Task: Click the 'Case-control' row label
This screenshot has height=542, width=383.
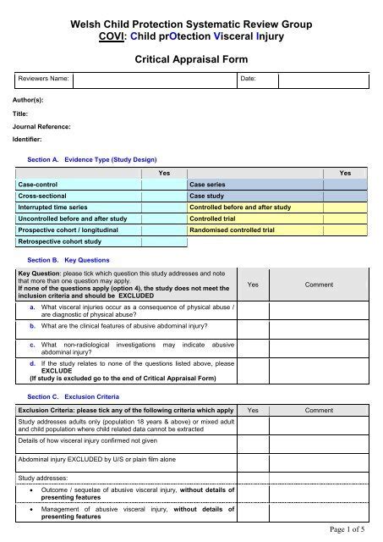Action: tap(38, 183)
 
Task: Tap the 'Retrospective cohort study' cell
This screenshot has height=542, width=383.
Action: tap(57, 241)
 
